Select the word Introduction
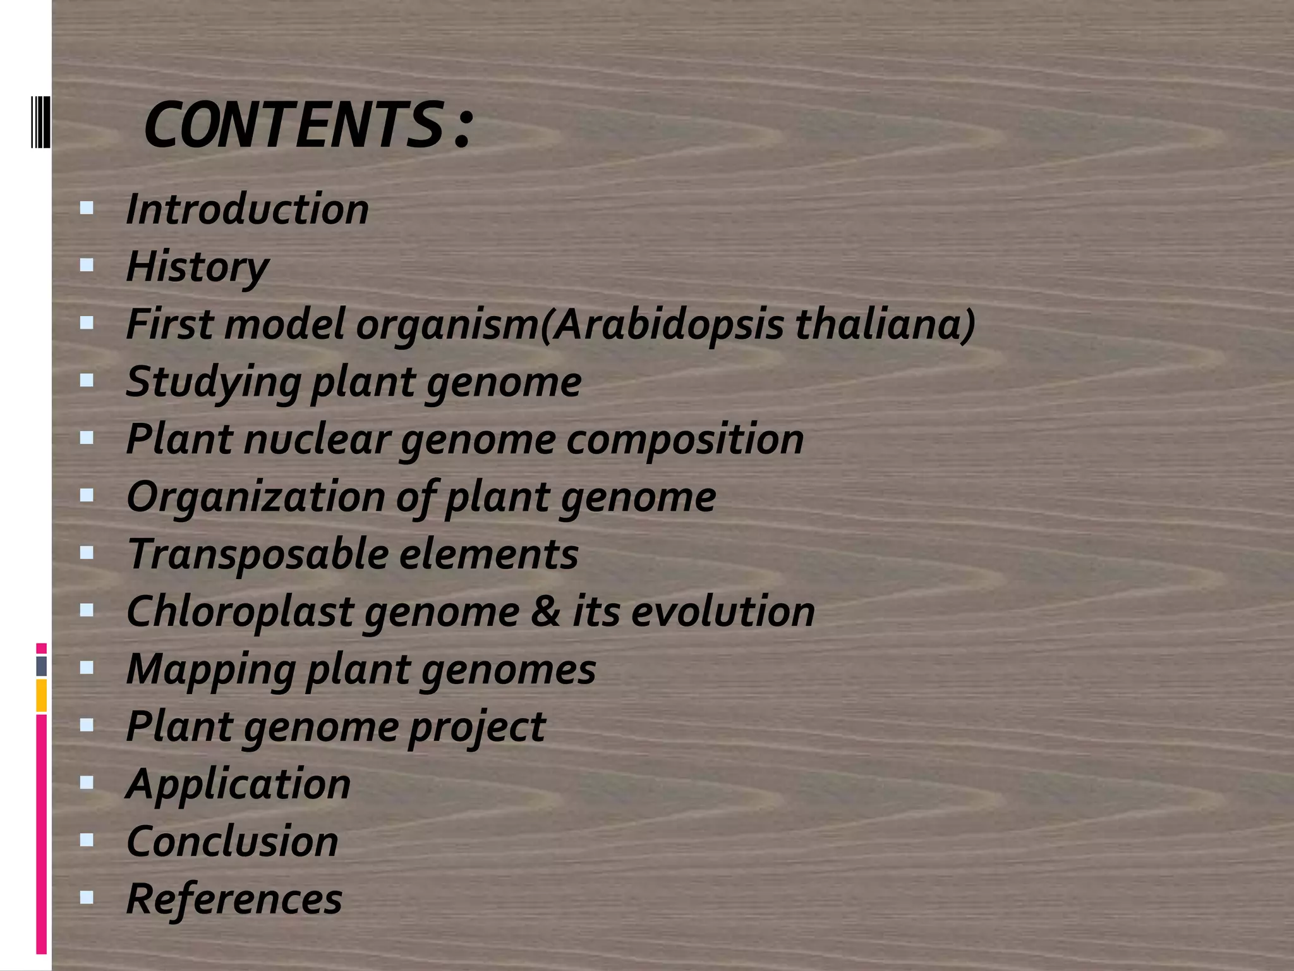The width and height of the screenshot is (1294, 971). pyautogui.click(x=247, y=209)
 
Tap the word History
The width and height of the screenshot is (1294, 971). pyautogui.click(x=198, y=267)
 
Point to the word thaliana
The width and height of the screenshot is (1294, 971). pyautogui.click(x=885, y=324)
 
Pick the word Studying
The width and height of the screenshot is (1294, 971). pyautogui.click(x=214, y=382)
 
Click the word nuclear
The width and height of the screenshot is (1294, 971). pyautogui.click(x=316, y=439)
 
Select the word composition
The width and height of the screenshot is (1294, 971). pyautogui.click(x=685, y=439)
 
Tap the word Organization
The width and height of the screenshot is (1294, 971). pyautogui.click(x=255, y=497)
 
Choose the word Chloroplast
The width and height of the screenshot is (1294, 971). pyautogui.click(x=240, y=611)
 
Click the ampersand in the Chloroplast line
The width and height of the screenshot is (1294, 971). pyautogui.click(x=545, y=611)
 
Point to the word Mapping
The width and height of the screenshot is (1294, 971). pyautogui.click(x=210, y=669)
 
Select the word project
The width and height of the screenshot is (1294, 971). pyautogui.click(x=476, y=726)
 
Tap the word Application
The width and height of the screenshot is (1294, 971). pyautogui.click(x=238, y=785)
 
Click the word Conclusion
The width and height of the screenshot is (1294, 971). pyautogui.click(x=233, y=841)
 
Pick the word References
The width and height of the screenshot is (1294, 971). pyautogui.click(x=234, y=898)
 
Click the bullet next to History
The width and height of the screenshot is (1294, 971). pyautogui.click(x=87, y=265)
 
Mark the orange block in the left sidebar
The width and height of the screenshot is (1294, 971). pyautogui.click(x=41, y=695)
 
